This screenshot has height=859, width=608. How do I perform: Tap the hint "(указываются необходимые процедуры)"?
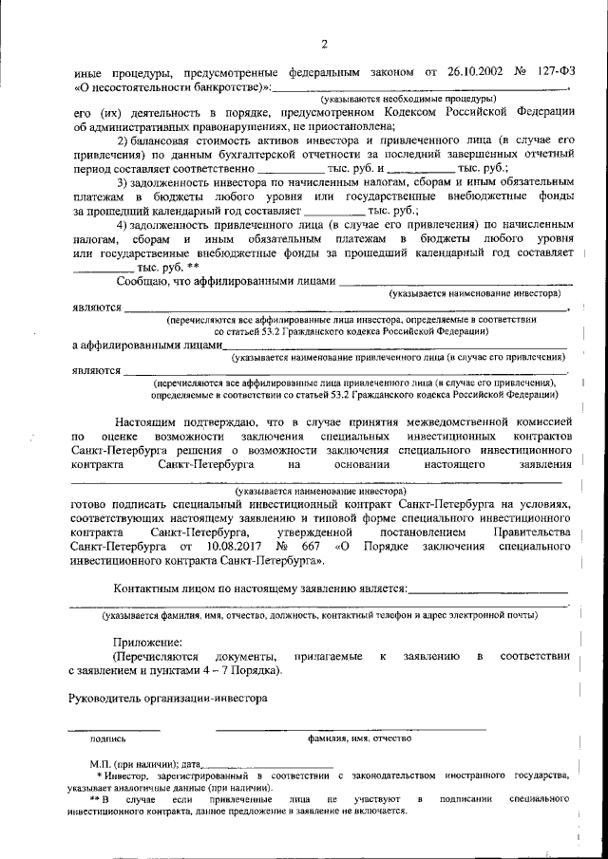(408, 99)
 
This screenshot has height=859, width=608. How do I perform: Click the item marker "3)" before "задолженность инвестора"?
(123, 181)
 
